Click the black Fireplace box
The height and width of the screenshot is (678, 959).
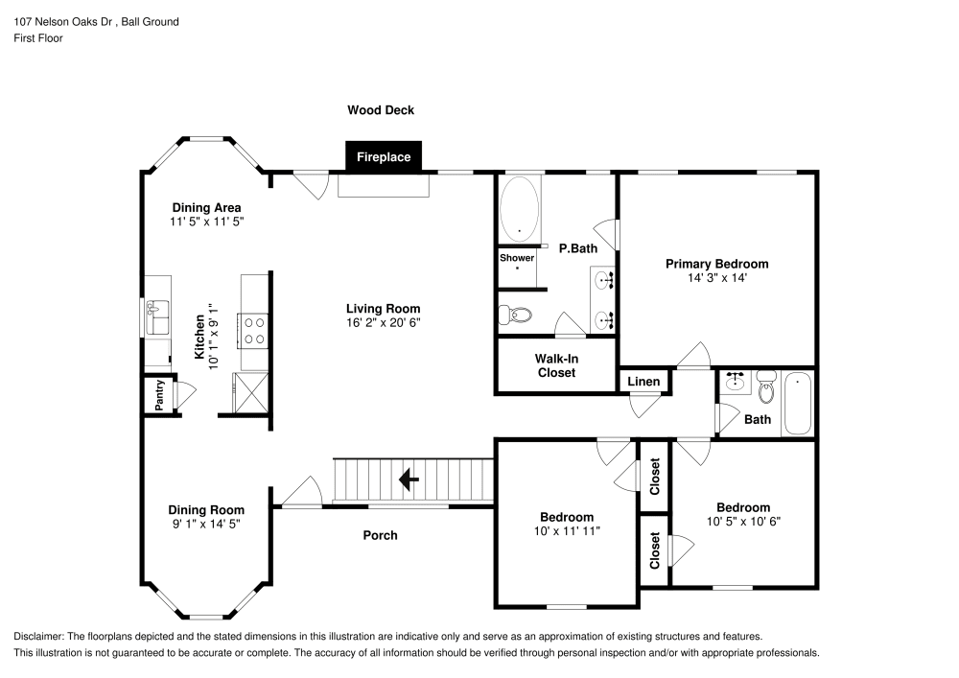click(384, 157)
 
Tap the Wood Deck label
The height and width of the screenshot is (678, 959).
click(381, 110)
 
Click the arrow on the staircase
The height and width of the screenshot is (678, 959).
click(411, 478)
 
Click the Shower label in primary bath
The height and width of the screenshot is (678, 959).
click(516, 258)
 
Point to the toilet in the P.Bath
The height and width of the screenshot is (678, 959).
click(516, 315)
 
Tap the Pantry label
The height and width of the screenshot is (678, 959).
click(158, 394)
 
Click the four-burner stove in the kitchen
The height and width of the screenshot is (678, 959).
click(254, 331)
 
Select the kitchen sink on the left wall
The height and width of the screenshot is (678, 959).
click(156, 316)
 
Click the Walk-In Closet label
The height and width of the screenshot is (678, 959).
click(556, 365)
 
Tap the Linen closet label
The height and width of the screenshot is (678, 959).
click(643, 382)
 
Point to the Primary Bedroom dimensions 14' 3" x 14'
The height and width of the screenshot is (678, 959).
click(717, 277)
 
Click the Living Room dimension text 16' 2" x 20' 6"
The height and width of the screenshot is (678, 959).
click(384, 322)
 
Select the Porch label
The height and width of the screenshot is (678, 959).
click(381, 535)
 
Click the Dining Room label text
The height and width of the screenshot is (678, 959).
click(206, 510)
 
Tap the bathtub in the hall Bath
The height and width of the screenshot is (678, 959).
click(798, 404)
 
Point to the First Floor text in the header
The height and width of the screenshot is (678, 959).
click(38, 38)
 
